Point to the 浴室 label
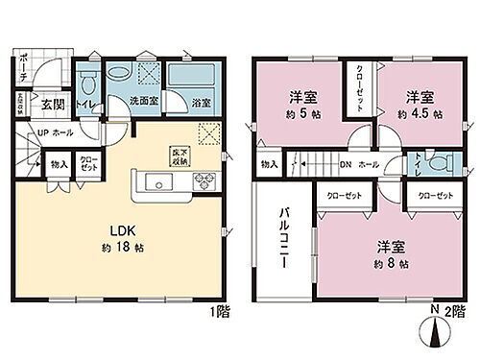200,103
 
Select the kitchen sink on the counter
155,181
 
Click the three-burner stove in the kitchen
204,182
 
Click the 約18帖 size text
120,247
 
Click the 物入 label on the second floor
268,165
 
